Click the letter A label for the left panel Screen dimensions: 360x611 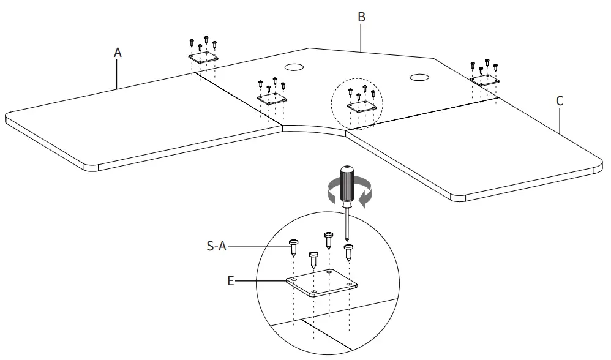coord(118,53)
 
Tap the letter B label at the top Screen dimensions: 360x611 coord(361,17)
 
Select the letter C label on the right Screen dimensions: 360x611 coord(559,101)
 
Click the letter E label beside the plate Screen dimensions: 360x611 coord(230,281)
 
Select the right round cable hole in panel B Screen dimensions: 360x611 coord(420,77)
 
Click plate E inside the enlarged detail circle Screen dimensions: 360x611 coord(321,283)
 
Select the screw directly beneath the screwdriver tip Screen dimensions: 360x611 coord(349,250)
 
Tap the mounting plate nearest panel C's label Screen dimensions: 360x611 coord(484,80)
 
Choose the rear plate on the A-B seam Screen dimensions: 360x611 coord(203,57)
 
